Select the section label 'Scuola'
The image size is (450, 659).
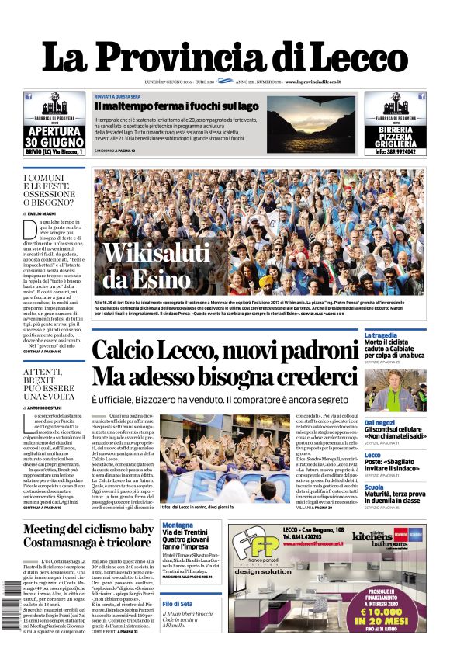click(373, 487)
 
